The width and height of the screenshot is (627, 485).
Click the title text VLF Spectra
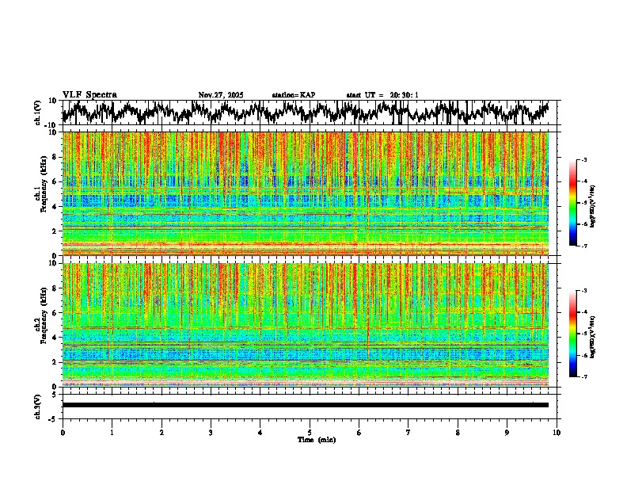[89, 95]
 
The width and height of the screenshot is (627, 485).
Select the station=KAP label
[294, 95]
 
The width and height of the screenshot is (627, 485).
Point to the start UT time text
[382, 95]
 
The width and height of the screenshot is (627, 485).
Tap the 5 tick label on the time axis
[310, 432]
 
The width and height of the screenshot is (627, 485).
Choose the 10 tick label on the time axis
[557, 432]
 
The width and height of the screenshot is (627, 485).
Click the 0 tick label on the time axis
[63, 432]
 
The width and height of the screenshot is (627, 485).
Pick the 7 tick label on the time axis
[408, 432]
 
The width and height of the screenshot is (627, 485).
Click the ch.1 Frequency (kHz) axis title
[40, 193]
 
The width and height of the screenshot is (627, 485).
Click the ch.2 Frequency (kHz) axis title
[40, 324]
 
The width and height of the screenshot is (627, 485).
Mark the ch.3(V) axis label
[38, 404]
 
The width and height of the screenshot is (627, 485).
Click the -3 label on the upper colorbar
[584, 160]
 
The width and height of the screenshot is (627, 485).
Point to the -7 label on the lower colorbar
[584, 377]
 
